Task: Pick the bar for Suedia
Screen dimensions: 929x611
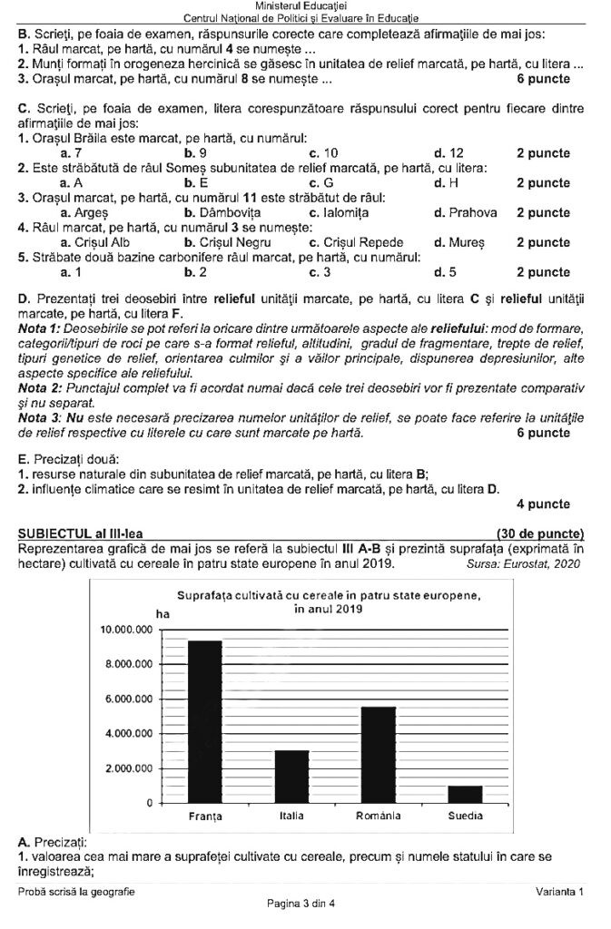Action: (x=465, y=794)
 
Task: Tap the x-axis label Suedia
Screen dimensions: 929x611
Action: (x=465, y=816)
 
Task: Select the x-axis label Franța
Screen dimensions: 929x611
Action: (x=204, y=817)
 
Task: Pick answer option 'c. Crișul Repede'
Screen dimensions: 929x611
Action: (x=356, y=242)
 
